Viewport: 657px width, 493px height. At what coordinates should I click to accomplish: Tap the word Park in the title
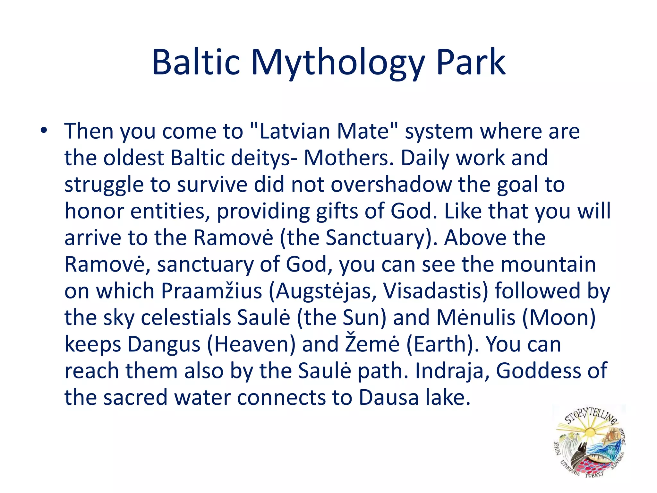(471, 62)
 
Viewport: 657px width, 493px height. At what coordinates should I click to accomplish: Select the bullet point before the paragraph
(44, 131)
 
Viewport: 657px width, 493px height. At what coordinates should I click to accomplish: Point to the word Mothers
(348, 158)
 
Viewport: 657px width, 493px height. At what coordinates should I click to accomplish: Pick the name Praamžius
(211, 291)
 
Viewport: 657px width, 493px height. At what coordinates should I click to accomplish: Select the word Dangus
(164, 344)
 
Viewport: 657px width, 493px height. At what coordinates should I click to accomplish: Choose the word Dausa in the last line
(388, 398)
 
